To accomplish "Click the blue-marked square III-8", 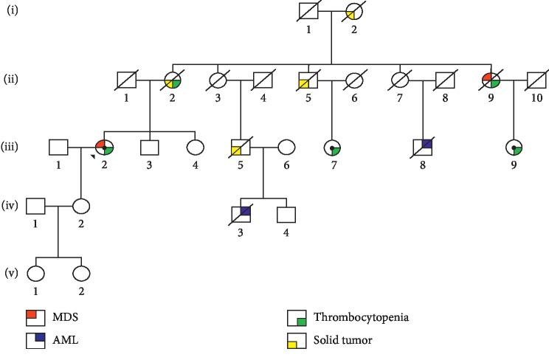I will coord(422,147).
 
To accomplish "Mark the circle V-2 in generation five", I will coord(82,273).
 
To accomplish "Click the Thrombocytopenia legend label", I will coord(361,318).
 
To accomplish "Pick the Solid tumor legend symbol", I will coord(296,339).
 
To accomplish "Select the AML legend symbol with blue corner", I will coord(34,339).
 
